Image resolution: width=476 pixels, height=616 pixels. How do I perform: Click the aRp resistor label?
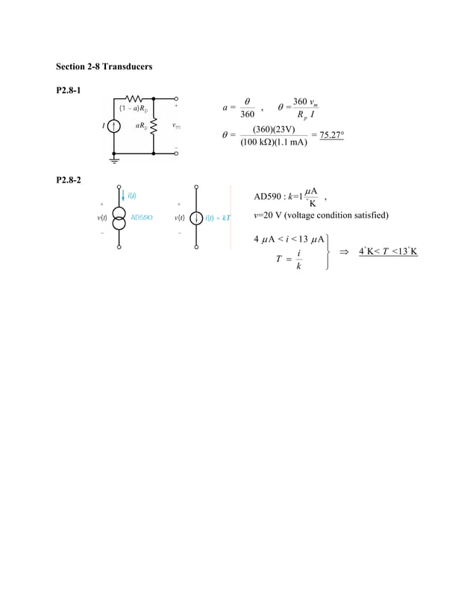point(140,126)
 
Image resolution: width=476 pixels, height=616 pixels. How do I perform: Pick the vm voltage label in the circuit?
point(176,126)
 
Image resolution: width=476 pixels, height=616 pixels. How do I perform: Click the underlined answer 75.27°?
point(327,135)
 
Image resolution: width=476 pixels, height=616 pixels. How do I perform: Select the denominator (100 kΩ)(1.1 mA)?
point(273,142)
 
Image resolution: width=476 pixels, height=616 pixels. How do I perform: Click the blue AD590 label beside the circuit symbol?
point(142,218)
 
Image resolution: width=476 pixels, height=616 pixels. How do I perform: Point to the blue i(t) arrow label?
point(131,195)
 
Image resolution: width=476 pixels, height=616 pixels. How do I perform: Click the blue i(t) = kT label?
point(219,218)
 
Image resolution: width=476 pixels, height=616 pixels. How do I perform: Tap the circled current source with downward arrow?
point(196,218)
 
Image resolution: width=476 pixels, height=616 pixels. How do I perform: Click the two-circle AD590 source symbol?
point(119,218)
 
